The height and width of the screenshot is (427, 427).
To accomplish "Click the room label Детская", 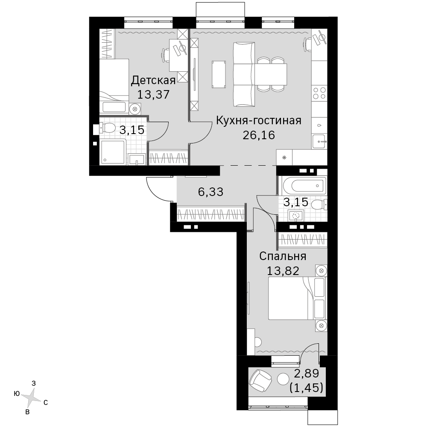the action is coord(153,81).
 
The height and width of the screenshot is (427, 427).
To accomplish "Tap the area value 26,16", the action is coord(259,135).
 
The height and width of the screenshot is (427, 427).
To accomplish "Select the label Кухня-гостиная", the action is coord(259,120).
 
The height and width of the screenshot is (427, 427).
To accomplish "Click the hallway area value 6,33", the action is coord(211,192).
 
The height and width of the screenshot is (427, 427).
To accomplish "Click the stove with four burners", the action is coord(319,93).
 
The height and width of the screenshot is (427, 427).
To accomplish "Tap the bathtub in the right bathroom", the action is coord(304,186).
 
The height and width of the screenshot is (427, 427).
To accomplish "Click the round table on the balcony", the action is coord(283,378).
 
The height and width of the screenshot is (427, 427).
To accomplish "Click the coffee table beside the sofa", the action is coord(219,74).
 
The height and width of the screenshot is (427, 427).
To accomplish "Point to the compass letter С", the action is coord(46,403).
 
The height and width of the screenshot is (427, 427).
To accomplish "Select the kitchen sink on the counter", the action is coord(319,141).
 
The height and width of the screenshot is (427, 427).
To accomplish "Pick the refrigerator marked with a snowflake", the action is coord(284,158).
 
